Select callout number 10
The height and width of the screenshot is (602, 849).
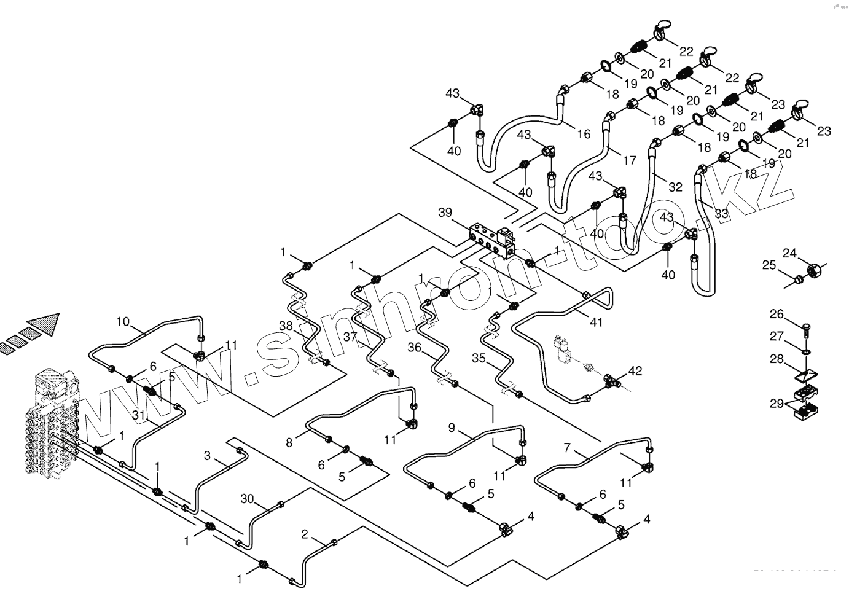pyautogui.click(x=123, y=321)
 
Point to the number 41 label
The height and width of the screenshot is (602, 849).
pyautogui.click(x=596, y=322)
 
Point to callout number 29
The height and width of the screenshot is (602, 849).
pyautogui.click(x=777, y=403)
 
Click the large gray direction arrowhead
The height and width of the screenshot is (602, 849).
pyautogui.click(x=45, y=324)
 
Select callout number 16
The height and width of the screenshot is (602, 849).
pyautogui.click(x=584, y=133)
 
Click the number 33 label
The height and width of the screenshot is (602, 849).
pyautogui.click(x=721, y=214)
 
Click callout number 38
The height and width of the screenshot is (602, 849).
pyautogui.click(x=285, y=326)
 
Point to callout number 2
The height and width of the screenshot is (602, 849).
pyautogui.click(x=305, y=534)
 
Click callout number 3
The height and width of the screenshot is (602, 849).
pyautogui.click(x=208, y=456)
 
